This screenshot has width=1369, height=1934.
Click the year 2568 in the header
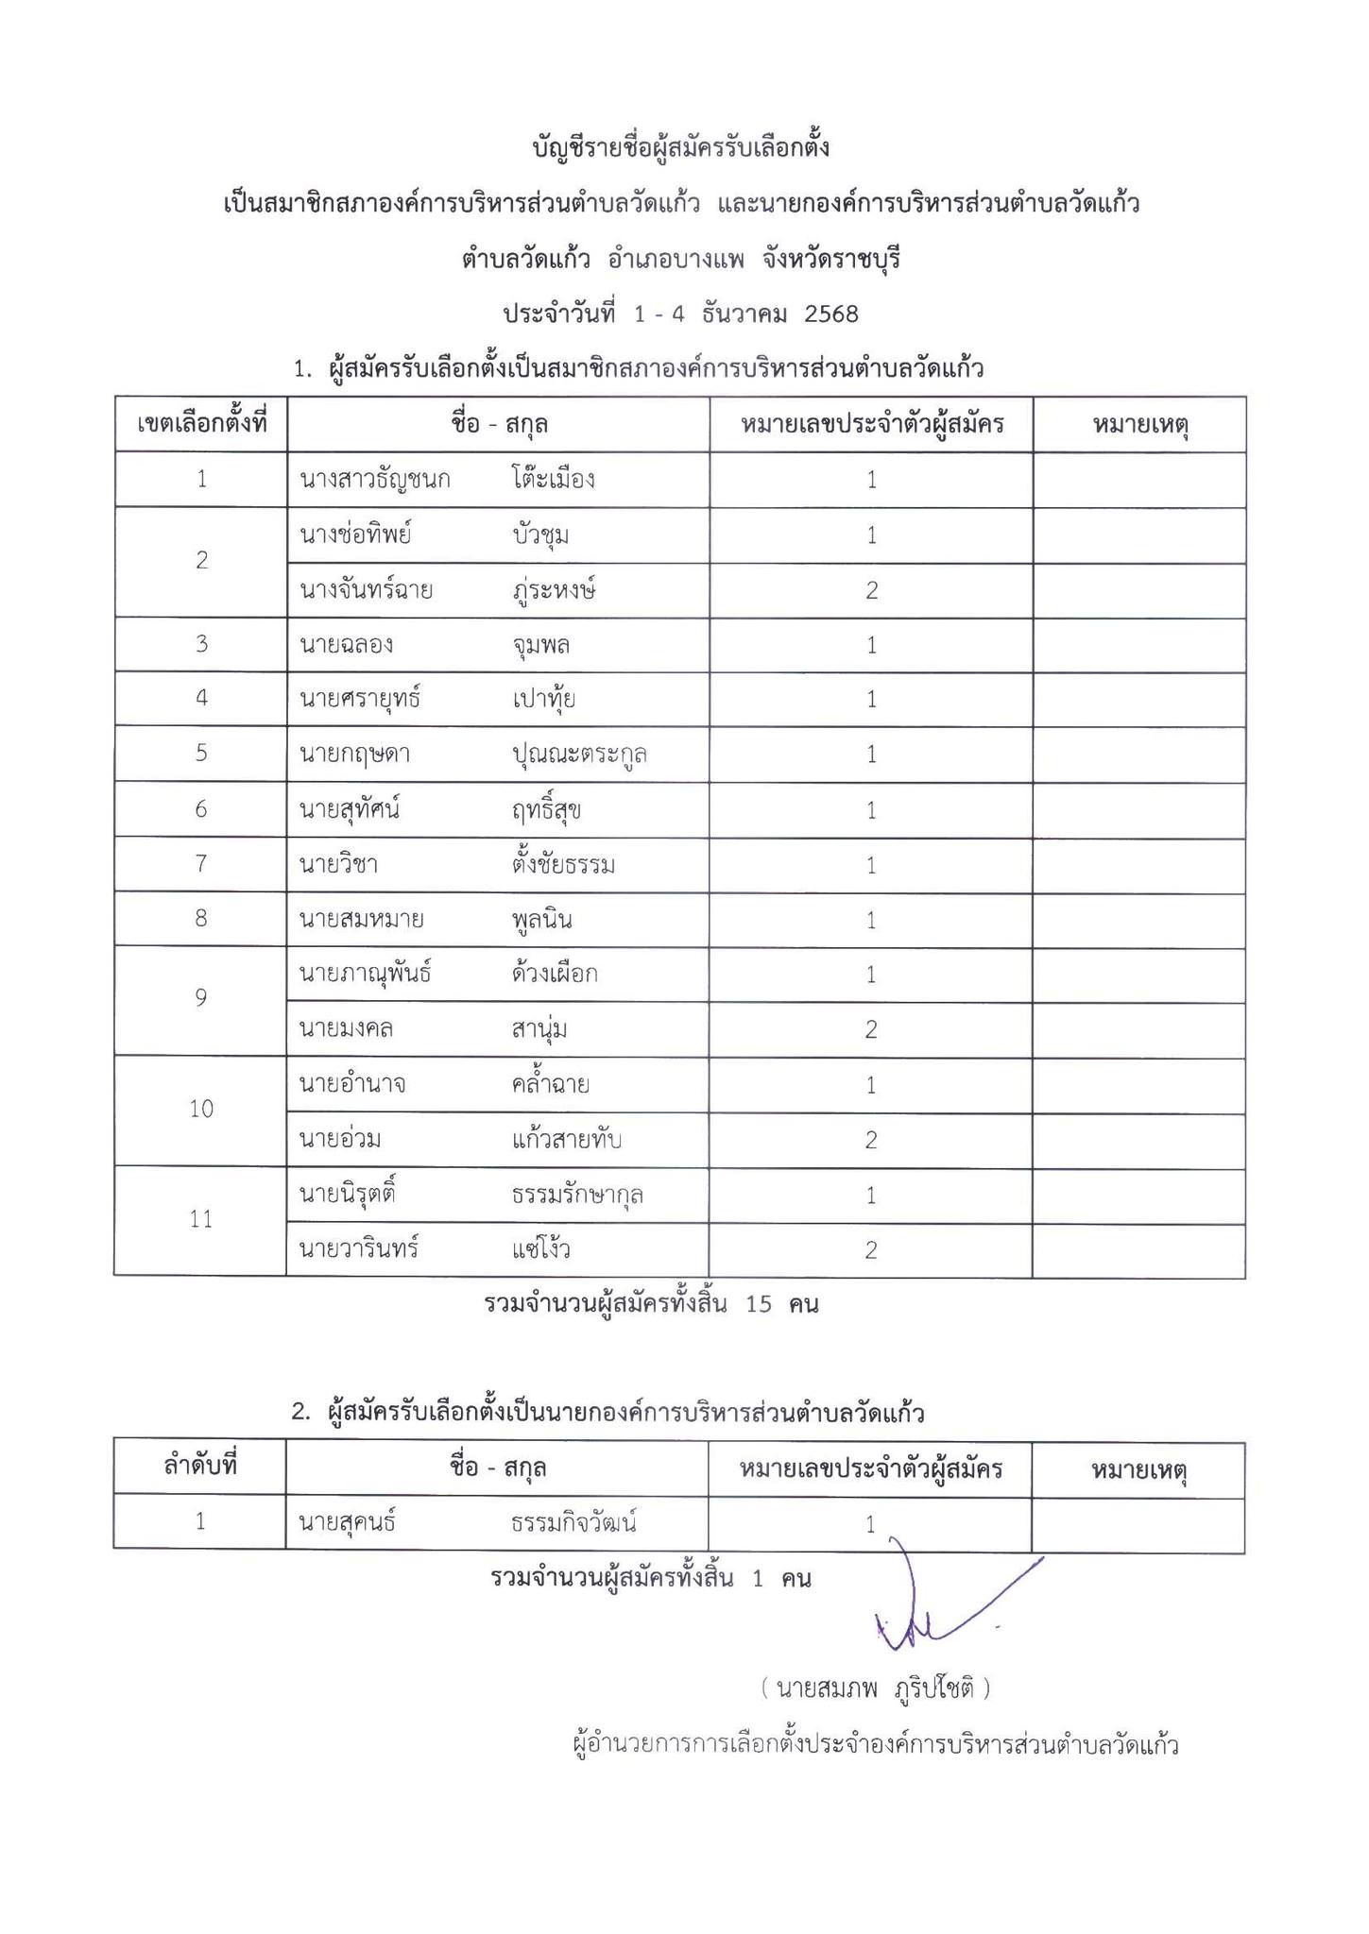(830, 314)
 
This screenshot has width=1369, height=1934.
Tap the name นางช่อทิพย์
(356, 535)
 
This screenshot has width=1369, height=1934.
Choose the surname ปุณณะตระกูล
(579, 755)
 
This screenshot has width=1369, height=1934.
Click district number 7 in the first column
(200, 864)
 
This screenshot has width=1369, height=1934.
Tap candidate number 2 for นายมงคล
(871, 1029)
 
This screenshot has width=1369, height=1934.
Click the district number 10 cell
(200, 1110)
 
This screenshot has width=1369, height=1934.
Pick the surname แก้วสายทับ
(566, 1140)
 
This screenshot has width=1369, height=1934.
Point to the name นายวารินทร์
(359, 1249)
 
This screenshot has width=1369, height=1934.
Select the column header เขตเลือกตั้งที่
(201, 424)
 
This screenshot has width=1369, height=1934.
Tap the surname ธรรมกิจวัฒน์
(574, 1522)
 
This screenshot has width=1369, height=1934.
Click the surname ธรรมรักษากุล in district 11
(577, 1195)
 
